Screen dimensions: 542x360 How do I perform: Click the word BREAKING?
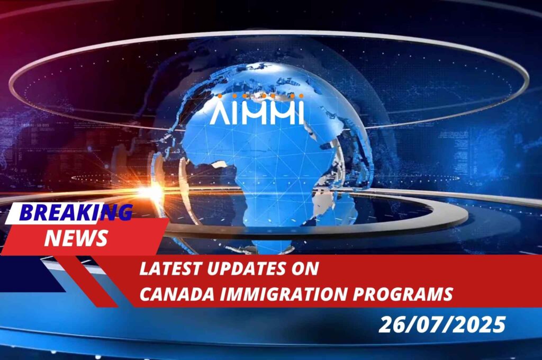click(x=76, y=212)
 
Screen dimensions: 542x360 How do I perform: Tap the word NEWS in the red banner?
click(x=76, y=238)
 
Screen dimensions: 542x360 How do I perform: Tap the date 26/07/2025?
click(x=442, y=325)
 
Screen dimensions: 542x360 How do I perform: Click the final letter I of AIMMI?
click(x=301, y=113)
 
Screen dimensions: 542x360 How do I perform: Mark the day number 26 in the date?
click(x=392, y=325)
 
